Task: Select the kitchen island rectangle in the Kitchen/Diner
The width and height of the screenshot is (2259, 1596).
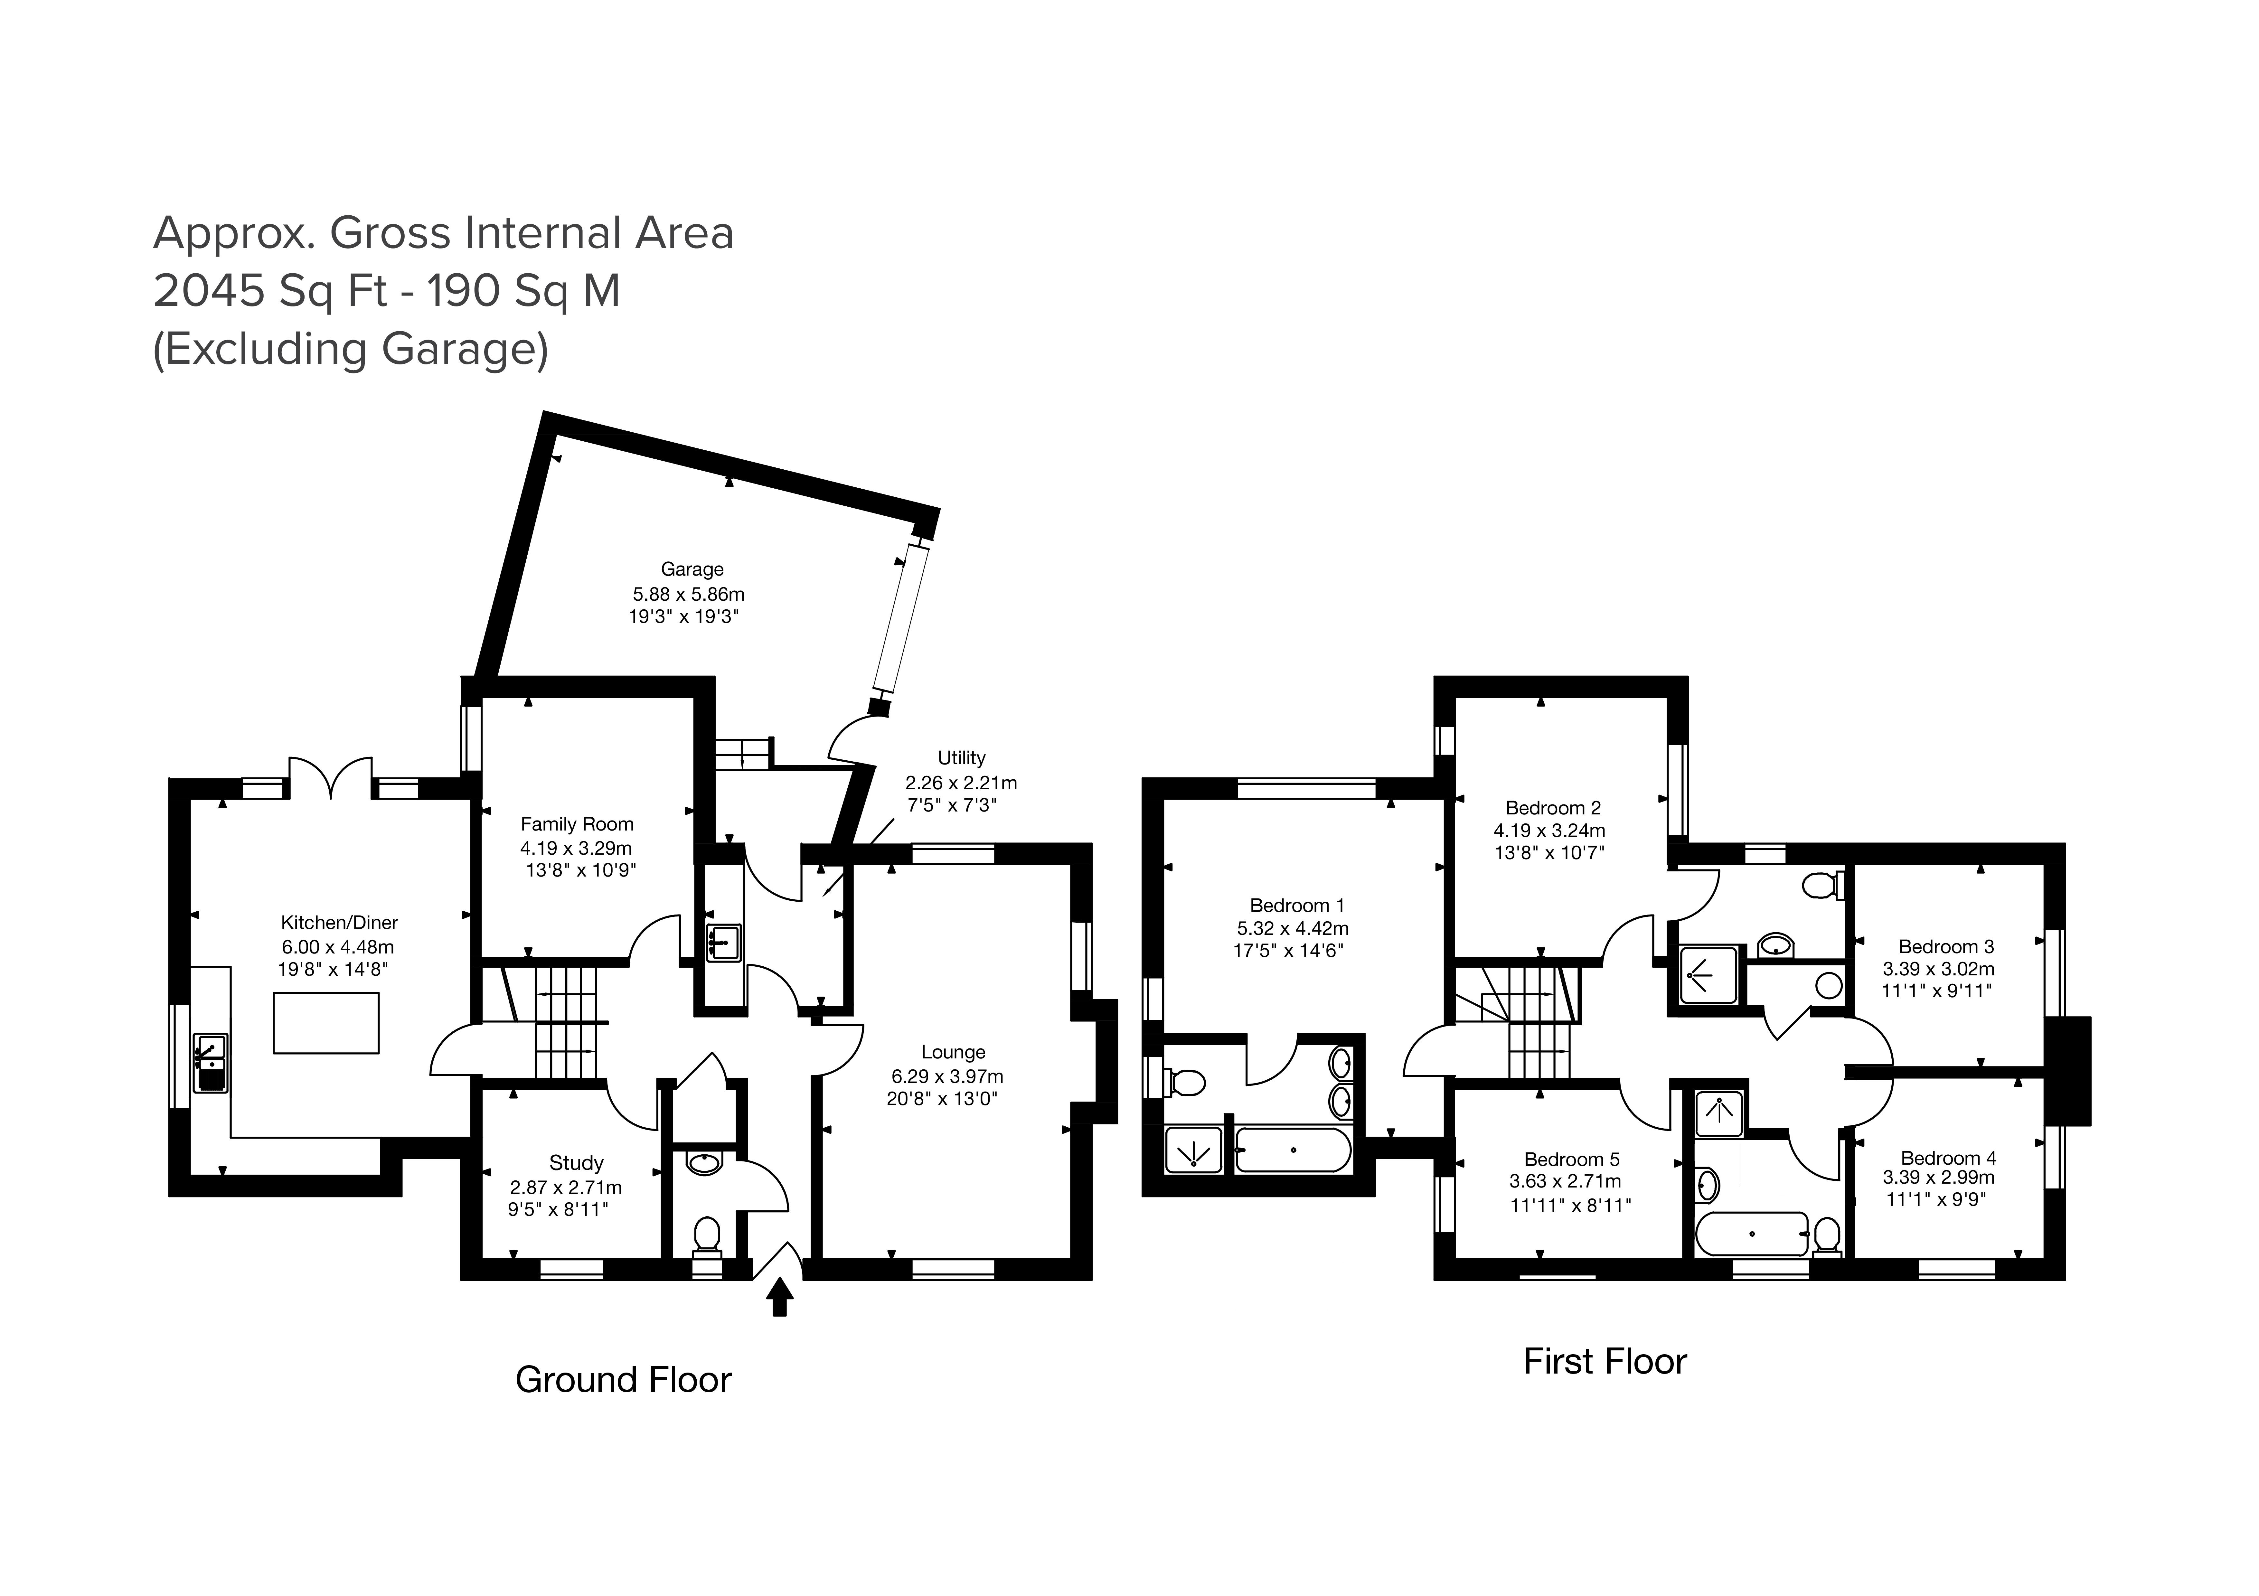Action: (326, 1023)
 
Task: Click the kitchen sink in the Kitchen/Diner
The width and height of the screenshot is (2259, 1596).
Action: (211, 1063)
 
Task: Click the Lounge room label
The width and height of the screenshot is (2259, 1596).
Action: (952, 1052)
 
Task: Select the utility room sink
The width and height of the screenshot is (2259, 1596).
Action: (723, 942)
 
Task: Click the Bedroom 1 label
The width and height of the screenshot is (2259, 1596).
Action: (1297, 905)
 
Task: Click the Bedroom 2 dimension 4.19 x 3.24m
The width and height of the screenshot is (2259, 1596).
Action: (1548, 831)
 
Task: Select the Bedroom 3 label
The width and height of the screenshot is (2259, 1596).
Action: (1945, 947)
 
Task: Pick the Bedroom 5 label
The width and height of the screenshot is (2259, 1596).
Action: (1571, 1159)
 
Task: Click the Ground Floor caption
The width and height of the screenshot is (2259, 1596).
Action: (623, 1380)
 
